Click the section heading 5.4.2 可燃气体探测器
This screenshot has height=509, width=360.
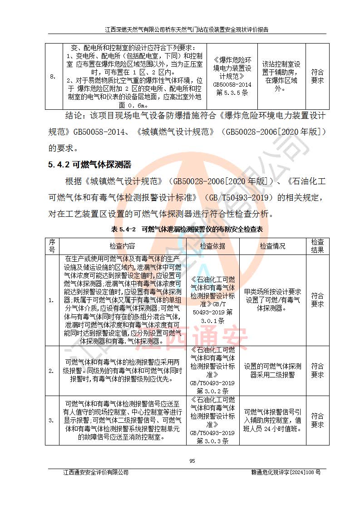pos(89,165)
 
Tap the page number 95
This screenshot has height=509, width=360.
pos(192,461)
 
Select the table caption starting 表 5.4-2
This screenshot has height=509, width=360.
pos(187,230)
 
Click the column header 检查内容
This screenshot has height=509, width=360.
pos(122,246)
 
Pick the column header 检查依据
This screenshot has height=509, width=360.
pos(212,246)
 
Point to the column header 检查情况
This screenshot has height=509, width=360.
pos(272,246)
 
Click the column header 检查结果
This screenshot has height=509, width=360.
pos(317,246)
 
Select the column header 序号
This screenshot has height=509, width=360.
pos(52,246)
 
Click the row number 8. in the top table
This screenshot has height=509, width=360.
pos(53,77)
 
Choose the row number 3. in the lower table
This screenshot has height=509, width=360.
pos(51,421)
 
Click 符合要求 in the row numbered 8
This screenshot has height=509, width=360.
pos(317,76)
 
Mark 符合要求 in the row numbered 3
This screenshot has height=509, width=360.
pos(317,421)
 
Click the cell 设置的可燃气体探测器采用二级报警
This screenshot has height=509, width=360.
pos(272,371)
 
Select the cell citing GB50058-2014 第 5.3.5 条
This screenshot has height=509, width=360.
pos(232,76)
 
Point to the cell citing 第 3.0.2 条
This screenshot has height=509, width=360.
pos(212,371)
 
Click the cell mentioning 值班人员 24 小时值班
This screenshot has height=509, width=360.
pos(272,420)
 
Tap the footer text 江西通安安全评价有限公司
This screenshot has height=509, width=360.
pos(96,472)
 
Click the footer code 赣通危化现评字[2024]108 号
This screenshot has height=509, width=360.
pos(286,472)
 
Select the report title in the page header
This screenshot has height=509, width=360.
pos(187,29)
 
